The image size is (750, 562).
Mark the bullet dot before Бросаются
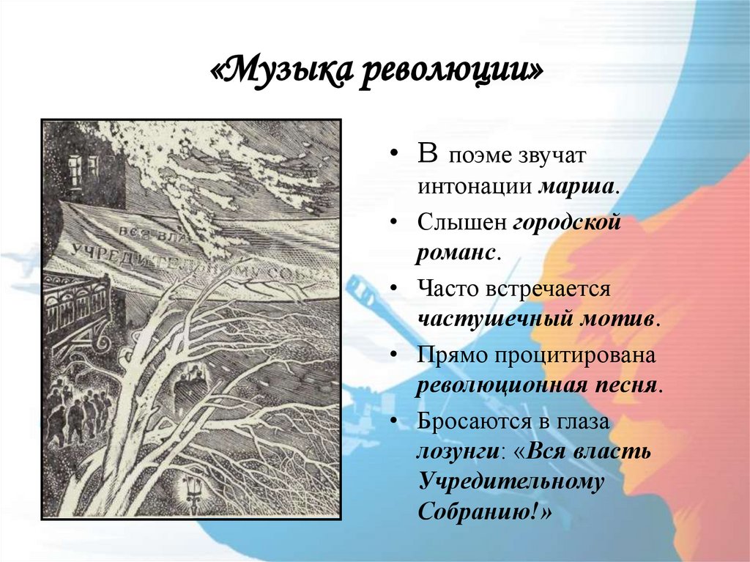point(396,421)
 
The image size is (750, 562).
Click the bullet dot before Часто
point(396,288)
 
